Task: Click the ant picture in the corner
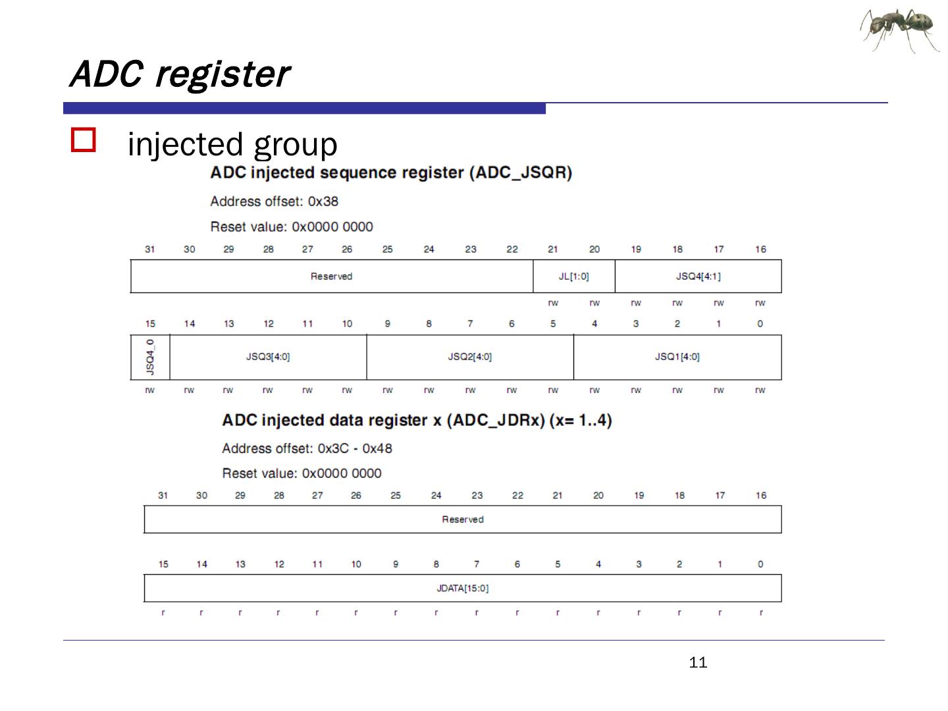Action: [899, 30]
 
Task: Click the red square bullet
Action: [84, 140]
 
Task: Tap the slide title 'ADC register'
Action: [179, 73]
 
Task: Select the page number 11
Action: [698, 662]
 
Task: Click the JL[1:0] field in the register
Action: [573, 276]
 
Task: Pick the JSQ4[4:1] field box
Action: [698, 276]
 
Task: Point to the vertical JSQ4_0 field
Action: [150, 357]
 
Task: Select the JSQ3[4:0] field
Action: [268, 357]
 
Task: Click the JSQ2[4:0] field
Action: [469, 357]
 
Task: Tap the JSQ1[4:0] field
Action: [677, 357]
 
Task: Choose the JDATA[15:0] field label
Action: [462, 588]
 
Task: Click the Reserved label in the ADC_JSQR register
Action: [331, 276]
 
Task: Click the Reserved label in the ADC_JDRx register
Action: [462, 519]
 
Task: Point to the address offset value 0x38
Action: [323, 201]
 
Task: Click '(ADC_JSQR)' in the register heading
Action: [520, 173]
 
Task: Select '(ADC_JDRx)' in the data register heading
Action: [496, 421]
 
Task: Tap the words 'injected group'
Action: [232, 144]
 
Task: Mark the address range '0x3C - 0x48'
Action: [355, 448]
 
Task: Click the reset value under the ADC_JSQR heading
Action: [332, 227]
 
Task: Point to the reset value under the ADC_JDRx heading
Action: [341, 473]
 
